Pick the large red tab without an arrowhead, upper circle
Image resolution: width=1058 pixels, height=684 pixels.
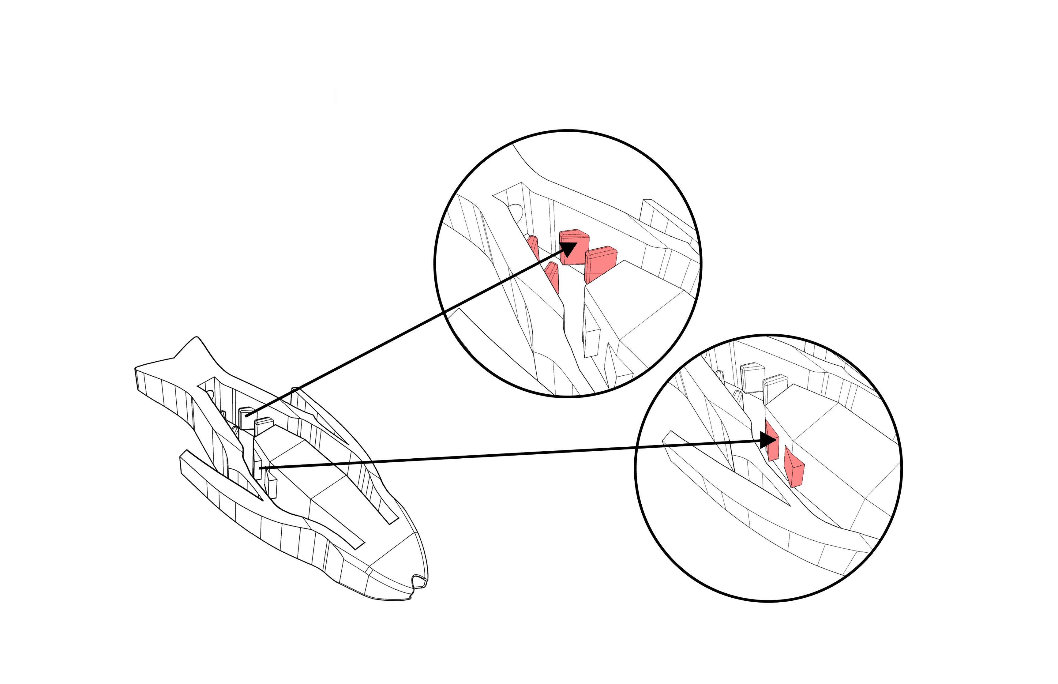coord(600,264)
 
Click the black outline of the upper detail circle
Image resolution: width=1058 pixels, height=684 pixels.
coord(568,130)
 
